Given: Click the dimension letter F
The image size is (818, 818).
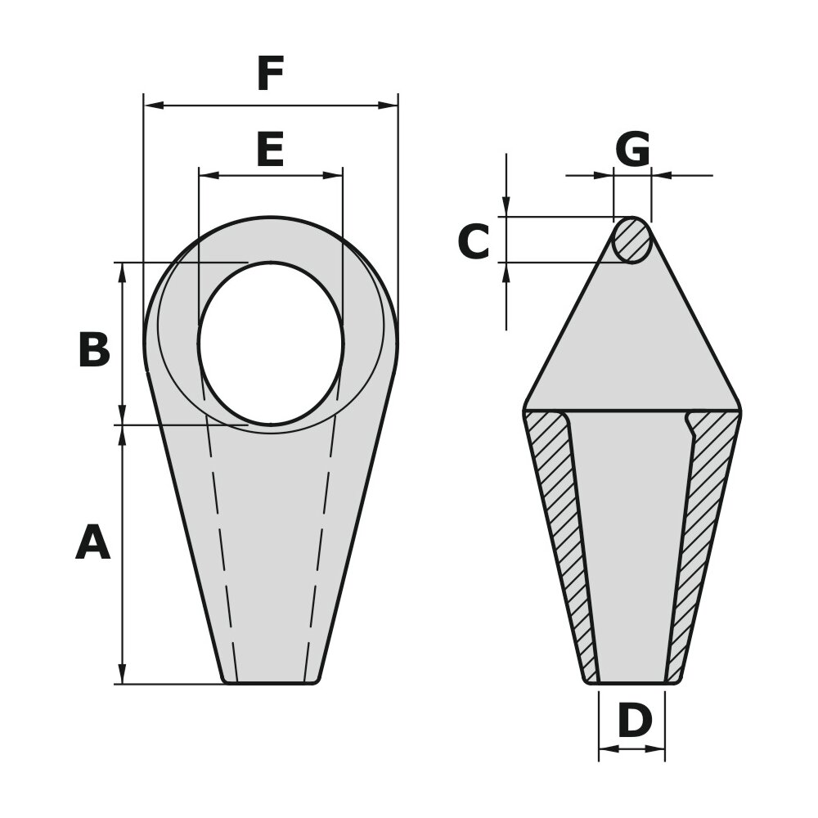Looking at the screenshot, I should (x=270, y=75).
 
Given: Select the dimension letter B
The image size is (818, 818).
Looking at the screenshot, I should (x=94, y=350).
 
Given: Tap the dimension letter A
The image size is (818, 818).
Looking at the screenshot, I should (x=92, y=543).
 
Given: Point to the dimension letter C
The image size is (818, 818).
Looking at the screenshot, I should (x=474, y=242).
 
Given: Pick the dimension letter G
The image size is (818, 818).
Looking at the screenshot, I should (x=632, y=150).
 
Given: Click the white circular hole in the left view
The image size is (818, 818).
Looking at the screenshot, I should (x=270, y=344).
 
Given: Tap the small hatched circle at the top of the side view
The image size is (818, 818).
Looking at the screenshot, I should (x=632, y=240).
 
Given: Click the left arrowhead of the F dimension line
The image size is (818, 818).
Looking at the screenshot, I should (x=151, y=106).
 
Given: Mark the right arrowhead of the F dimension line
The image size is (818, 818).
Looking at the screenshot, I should (x=391, y=106).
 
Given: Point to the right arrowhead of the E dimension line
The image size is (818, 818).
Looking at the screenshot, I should (x=335, y=175).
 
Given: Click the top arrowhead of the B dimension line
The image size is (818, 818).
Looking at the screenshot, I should (x=123, y=271).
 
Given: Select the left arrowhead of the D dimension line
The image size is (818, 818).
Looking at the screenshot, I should (x=605, y=748).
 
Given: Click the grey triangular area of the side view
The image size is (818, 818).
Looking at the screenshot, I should (x=632, y=344).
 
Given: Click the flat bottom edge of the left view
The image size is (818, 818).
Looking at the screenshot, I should (x=270, y=683).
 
